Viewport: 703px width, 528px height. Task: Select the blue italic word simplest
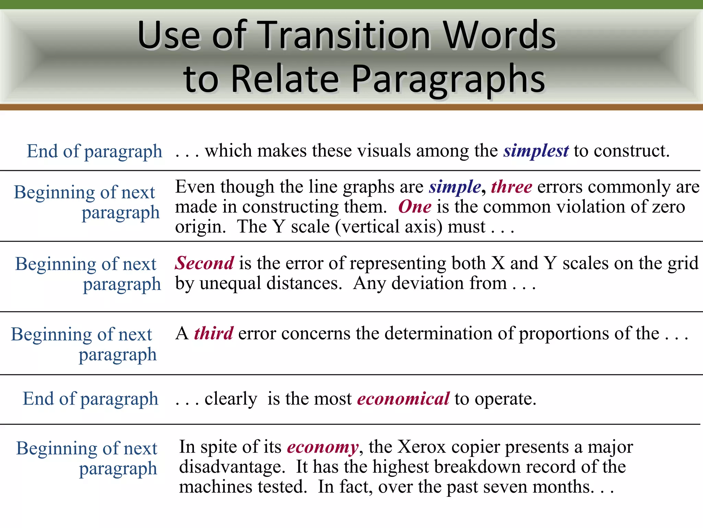tap(536, 151)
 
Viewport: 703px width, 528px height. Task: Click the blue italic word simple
tap(455, 187)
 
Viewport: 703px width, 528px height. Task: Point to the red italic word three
tap(511, 187)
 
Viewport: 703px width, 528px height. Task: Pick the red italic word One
tap(415, 207)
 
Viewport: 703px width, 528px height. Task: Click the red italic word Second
tap(205, 264)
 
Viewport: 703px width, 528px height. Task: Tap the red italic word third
tap(214, 333)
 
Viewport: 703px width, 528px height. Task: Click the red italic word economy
tap(323, 447)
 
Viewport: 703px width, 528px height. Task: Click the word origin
tap(200, 227)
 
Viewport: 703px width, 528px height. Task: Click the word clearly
tap(231, 399)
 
